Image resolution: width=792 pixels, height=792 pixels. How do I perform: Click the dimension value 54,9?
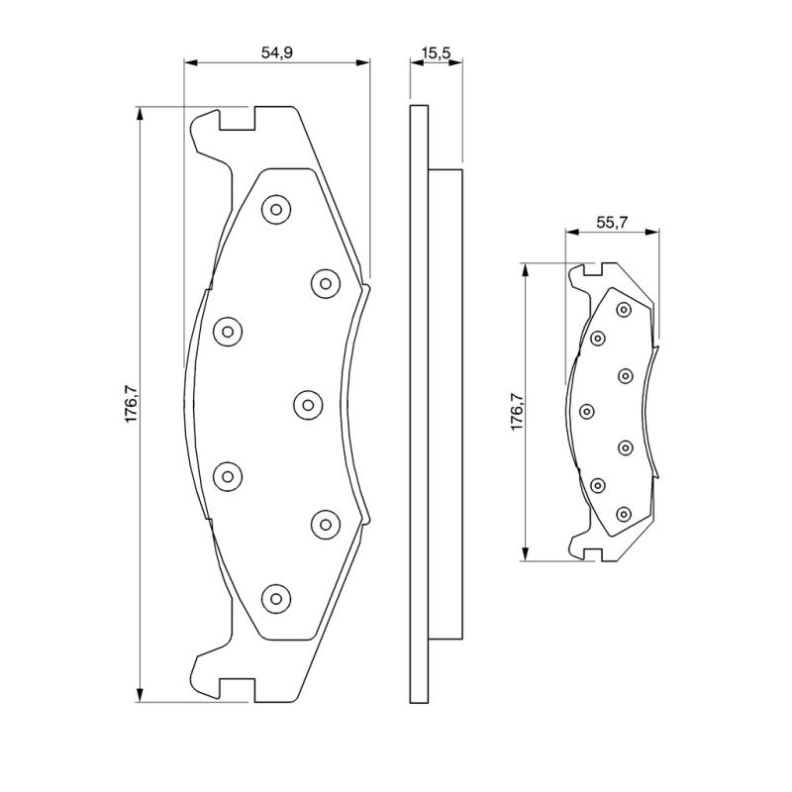(277, 52)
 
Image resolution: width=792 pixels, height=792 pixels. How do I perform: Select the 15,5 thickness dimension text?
(437, 52)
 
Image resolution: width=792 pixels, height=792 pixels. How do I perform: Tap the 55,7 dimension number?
(612, 222)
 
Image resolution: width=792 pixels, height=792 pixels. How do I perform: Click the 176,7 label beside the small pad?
(517, 412)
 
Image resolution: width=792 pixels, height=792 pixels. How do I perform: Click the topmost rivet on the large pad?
(276, 209)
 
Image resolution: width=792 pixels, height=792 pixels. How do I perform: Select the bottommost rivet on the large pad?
(276, 599)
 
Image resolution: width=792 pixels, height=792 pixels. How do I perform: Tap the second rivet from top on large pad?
(326, 283)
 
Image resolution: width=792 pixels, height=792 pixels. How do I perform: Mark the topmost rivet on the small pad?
(625, 309)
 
